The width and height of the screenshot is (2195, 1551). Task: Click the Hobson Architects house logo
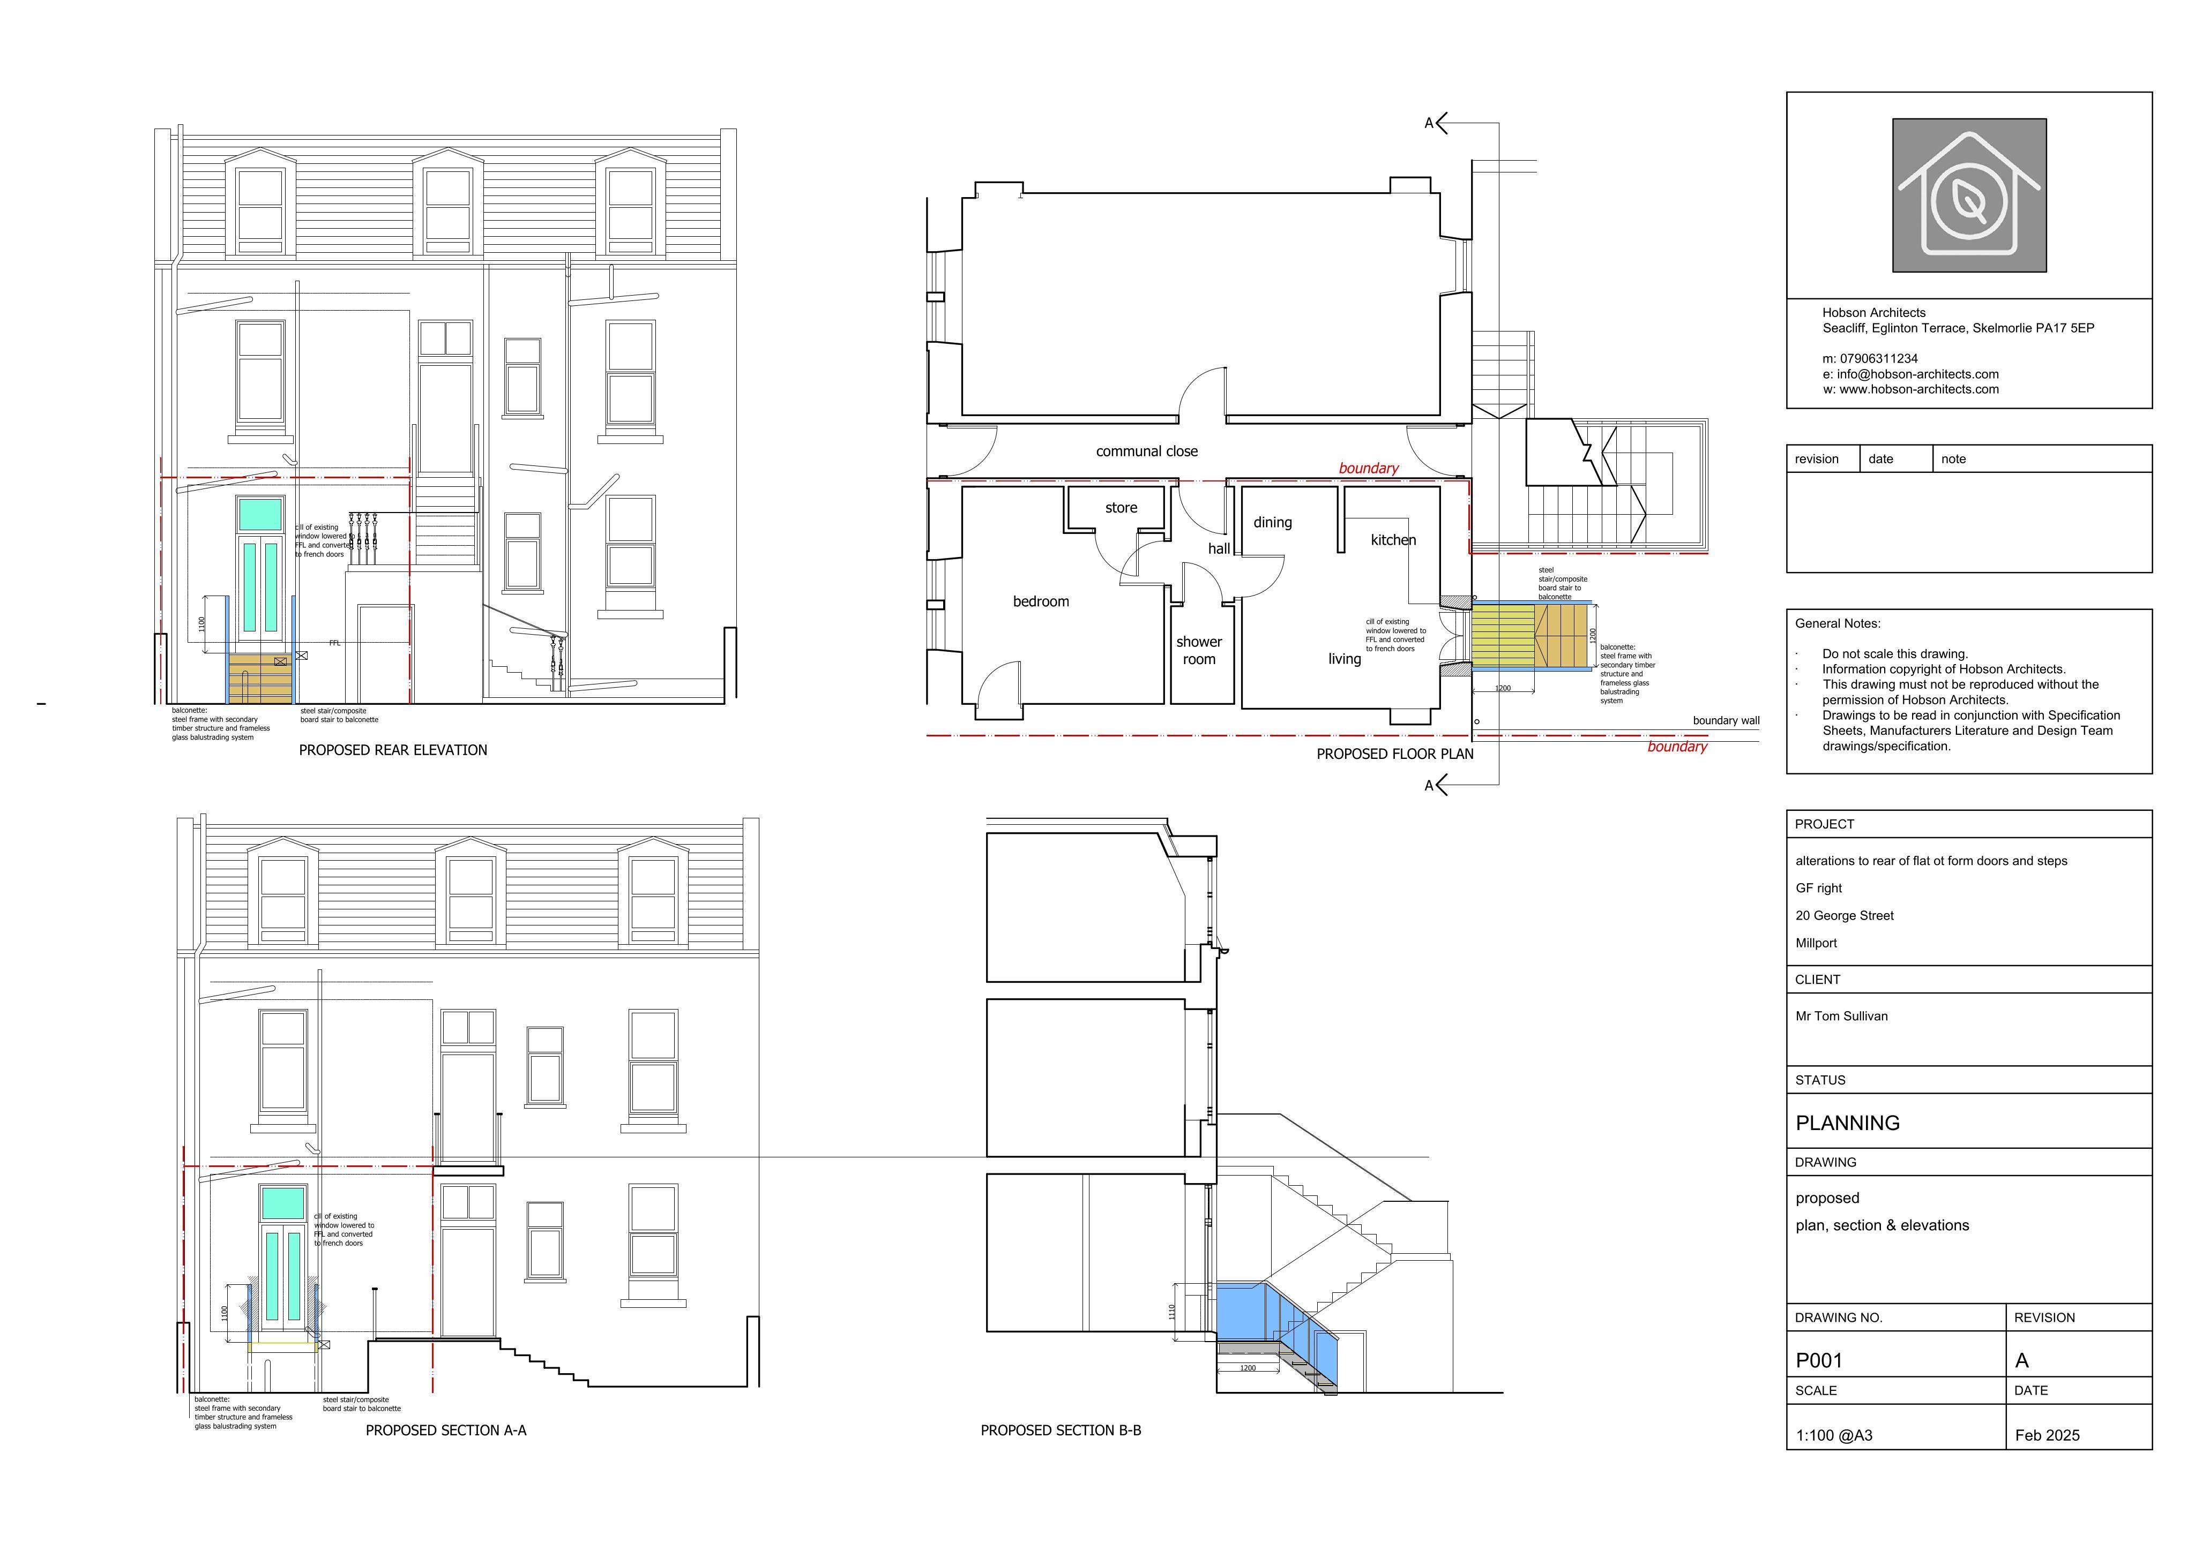pyautogui.click(x=1969, y=195)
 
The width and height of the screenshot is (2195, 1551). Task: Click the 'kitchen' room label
pyautogui.click(x=1393, y=540)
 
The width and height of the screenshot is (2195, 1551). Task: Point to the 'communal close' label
pyautogui.click(x=1146, y=451)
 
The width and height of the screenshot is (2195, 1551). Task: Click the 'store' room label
pyautogui.click(x=1122, y=507)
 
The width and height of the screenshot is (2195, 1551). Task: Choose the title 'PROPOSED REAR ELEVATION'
pyautogui.click(x=393, y=750)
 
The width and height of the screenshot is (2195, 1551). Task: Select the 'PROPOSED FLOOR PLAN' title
pyautogui.click(x=1395, y=754)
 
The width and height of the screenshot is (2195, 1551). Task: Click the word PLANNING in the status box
pyautogui.click(x=1847, y=1123)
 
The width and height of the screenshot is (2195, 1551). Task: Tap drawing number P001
pyautogui.click(x=1818, y=1360)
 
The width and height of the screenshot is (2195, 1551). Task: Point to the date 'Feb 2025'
pyautogui.click(x=2047, y=1435)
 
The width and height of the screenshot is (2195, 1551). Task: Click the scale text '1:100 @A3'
pyautogui.click(x=1834, y=1435)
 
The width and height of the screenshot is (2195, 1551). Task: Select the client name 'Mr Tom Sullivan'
pyautogui.click(x=1841, y=1016)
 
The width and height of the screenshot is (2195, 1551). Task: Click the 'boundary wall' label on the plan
pyautogui.click(x=1726, y=720)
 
